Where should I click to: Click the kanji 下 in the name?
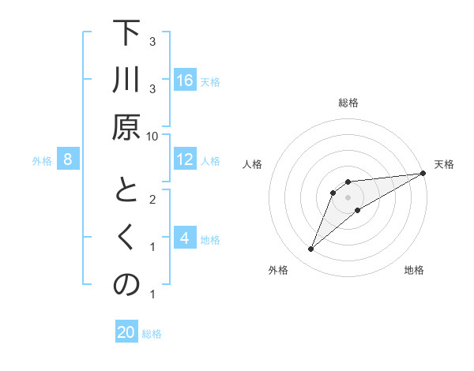point(126,35)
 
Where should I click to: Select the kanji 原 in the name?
point(126,128)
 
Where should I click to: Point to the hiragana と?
point(126,191)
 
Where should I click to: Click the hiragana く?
point(126,238)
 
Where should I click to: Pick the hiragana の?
point(126,285)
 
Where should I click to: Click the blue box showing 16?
point(185,81)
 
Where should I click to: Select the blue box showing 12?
point(185,160)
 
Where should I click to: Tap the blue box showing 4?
point(185,238)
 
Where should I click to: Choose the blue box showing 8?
point(68,160)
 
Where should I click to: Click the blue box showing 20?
point(126,332)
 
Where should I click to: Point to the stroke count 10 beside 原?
point(152,136)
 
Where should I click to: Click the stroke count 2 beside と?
point(152,198)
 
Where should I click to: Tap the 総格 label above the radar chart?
point(348,103)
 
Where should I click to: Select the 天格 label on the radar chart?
point(444,164)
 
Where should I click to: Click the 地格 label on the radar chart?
point(414,270)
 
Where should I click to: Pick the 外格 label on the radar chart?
point(278,270)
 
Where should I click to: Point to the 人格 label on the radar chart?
point(254,164)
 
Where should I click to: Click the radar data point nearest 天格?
point(423,174)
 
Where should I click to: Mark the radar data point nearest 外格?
point(310,249)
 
